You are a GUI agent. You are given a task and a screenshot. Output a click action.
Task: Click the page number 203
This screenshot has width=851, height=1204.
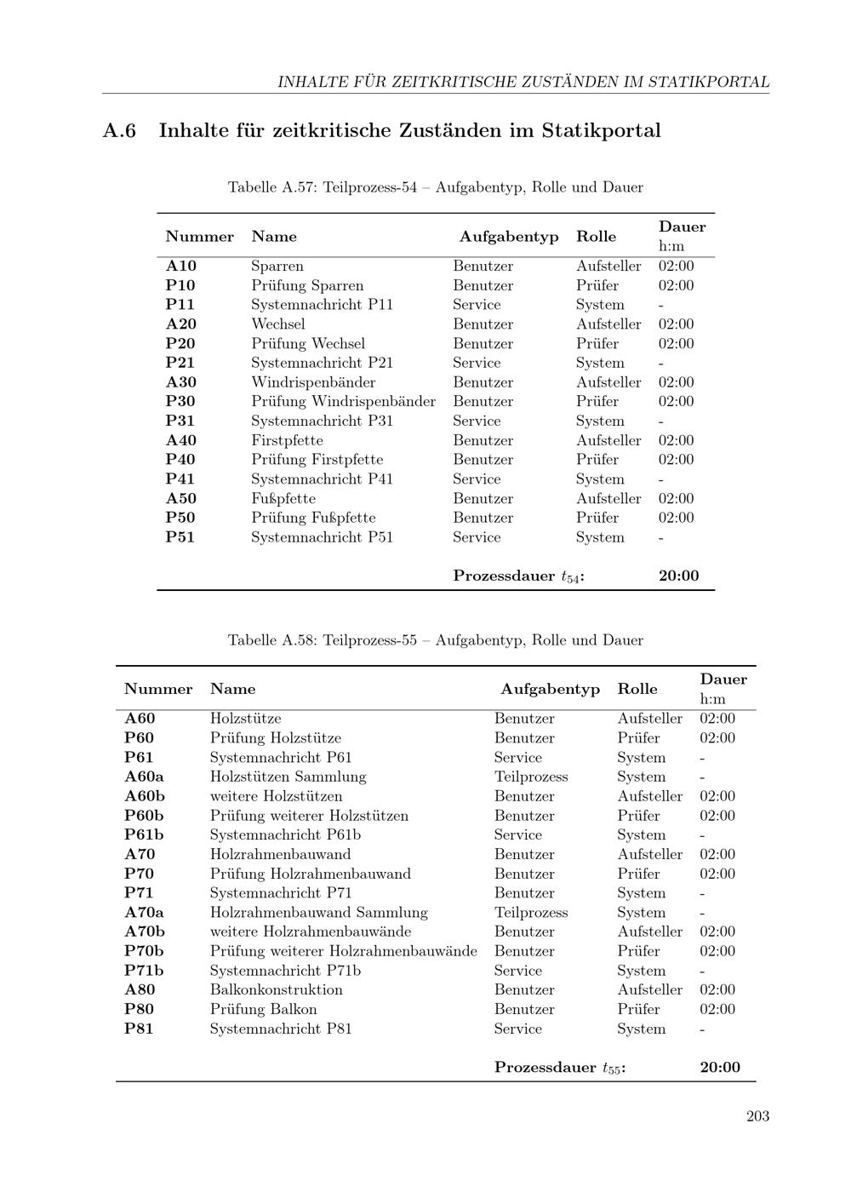pyautogui.click(x=757, y=1116)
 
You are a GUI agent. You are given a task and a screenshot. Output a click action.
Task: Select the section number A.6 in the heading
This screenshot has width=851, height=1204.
pyautogui.click(x=120, y=131)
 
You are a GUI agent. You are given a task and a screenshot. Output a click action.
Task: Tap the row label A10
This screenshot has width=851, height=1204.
pyautogui.click(x=180, y=267)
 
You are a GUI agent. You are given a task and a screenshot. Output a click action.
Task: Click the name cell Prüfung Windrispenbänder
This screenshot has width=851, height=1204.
pyautogui.click(x=343, y=402)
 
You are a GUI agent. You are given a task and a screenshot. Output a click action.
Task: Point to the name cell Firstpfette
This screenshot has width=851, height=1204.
pyautogui.click(x=287, y=441)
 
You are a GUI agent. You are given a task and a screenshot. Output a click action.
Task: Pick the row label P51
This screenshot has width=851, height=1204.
pyautogui.click(x=180, y=538)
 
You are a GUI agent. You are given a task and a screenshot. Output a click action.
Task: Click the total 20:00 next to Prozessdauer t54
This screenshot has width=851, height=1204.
pyautogui.click(x=678, y=576)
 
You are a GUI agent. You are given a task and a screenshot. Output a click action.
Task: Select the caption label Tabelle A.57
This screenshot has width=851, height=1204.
pyautogui.click(x=271, y=187)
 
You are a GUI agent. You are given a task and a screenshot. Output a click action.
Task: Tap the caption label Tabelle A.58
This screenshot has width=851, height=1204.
pyautogui.click(x=271, y=640)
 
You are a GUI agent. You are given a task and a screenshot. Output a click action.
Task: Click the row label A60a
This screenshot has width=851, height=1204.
pyautogui.click(x=144, y=777)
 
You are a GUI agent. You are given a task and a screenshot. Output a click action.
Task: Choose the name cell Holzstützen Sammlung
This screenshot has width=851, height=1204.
pyautogui.click(x=288, y=777)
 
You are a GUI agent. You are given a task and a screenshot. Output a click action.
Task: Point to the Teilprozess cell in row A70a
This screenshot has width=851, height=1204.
pyautogui.click(x=530, y=913)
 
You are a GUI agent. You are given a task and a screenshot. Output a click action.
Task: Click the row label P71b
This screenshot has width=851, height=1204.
pyautogui.click(x=144, y=971)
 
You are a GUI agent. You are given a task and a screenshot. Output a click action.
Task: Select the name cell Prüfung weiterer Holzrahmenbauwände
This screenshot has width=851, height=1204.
pyautogui.click(x=343, y=951)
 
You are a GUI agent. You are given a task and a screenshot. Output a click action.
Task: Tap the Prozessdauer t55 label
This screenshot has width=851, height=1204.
pyautogui.click(x=559, y=1068)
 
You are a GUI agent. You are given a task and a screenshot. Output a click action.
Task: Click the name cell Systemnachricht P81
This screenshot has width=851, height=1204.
pyautogui.click(x=280, y=1029)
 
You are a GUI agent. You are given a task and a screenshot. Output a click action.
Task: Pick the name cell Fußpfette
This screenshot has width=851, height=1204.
pyautogui.click(x=283, y=499)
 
